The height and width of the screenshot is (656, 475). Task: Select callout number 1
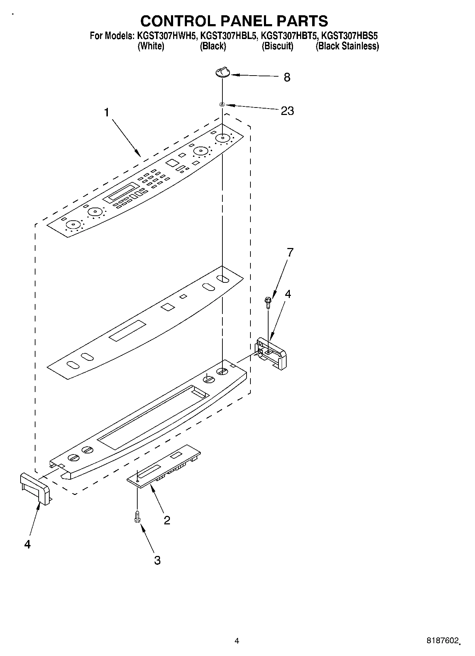(x=106, y=112)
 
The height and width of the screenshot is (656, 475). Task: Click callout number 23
(x=287, y=111)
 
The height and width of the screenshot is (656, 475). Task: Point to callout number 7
(x=290, y=252)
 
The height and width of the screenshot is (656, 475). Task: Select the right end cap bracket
(x=271, y=353)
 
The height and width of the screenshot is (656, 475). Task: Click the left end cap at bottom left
(x=35, y=488)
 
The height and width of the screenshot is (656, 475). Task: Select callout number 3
(x=157, y=560)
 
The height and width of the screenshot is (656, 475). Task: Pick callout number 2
(x=167, y=520)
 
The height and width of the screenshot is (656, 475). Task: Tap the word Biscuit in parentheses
(x=277, y=46)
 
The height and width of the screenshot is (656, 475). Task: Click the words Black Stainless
(x=347, y=46)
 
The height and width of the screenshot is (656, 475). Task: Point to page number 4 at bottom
(x=237, y=641)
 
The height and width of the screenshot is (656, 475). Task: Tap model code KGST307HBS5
(x=349, y=36)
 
